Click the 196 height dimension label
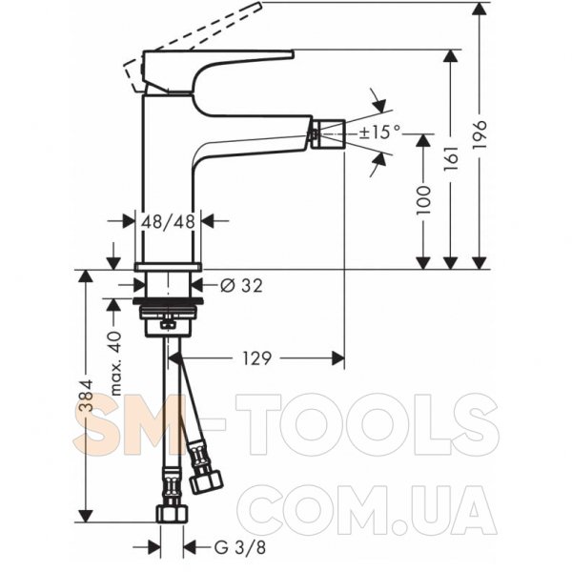pyautogui.click(x=480, y=133)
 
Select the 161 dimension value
pyautogui.click(x=451, y=158)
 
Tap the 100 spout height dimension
pyautogui.click(x=423, y=200)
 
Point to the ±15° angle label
pyautogui.click(x=379, y=132)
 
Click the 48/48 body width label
pyautogui.click(x=168, y=221)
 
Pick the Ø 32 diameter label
pyautogui.click(x=241, y=285)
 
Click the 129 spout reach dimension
pyautogui.click(x=256, y=358)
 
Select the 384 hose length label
pyautogui.click(x=87, y=397)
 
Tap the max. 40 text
pyautogui.click(x=115, y=363)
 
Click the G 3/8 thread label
pyautogui.click(x=239, y=547)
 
